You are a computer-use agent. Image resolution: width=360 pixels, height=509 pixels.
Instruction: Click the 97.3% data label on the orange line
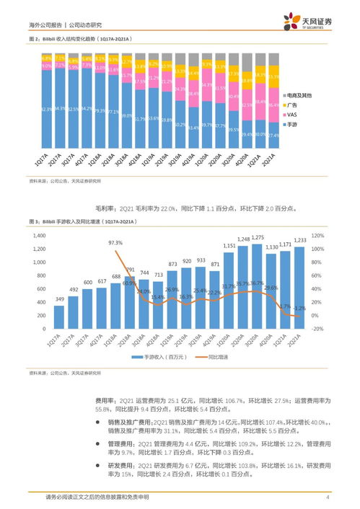115,243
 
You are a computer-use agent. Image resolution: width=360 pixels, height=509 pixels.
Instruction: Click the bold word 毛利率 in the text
106,208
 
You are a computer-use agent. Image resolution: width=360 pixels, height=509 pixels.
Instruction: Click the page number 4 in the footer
328,497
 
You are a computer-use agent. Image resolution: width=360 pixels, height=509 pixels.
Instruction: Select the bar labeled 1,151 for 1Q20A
229,289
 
